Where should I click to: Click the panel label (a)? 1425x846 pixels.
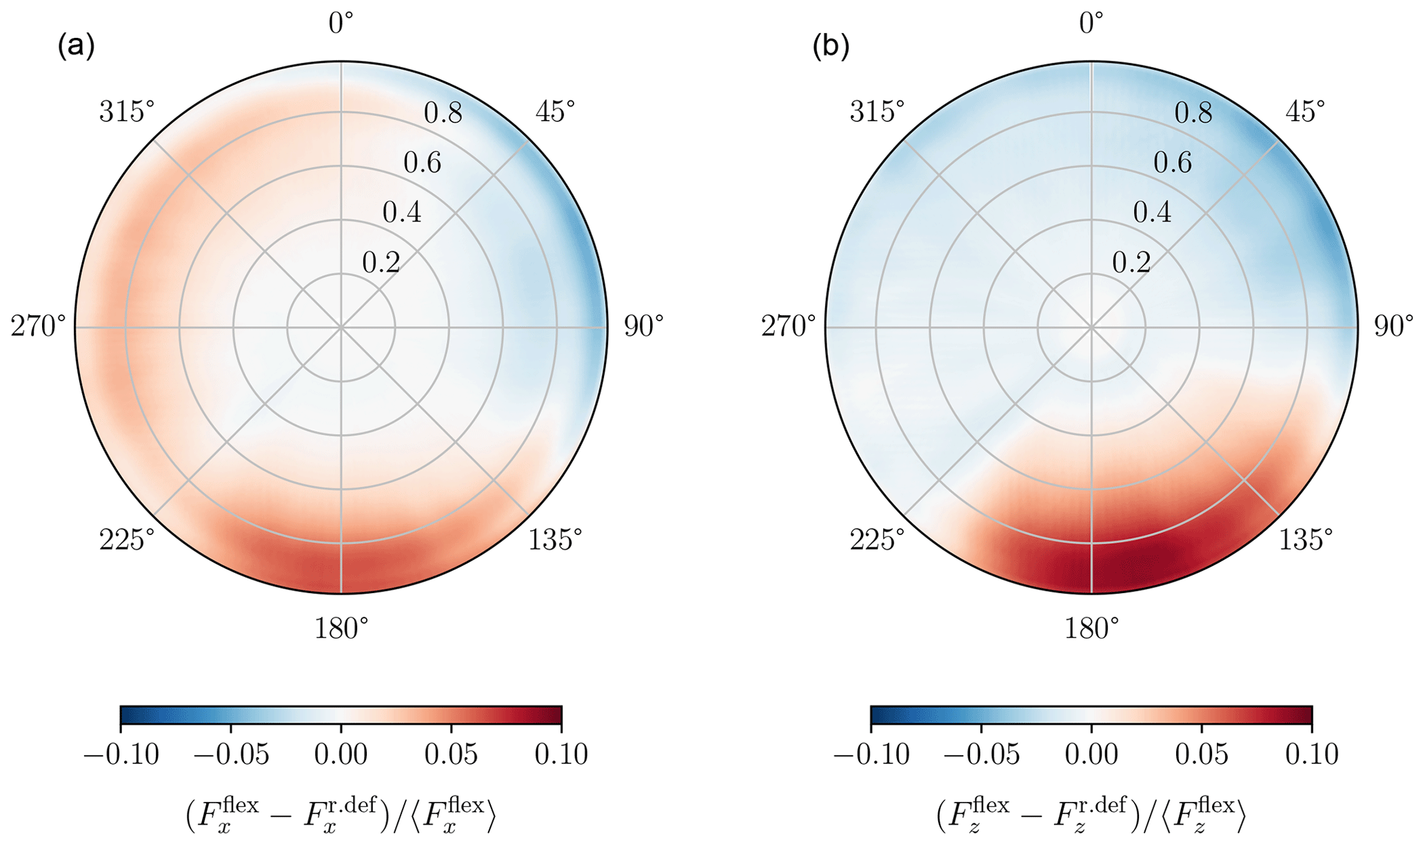tap(76, 47)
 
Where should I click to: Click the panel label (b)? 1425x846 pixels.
tap(831, 47)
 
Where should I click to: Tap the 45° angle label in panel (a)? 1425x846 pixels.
tap(555, 111)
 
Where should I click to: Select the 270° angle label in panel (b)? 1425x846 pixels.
tap(789, 326)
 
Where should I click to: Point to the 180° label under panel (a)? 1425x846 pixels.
tap(341, 628)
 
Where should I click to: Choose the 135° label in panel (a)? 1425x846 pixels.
tap(555, 540)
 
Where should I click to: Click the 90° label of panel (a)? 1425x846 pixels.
tap(643, 326)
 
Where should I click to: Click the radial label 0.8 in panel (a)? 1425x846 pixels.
tap(443, 112)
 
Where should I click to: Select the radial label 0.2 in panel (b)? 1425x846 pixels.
tap(1131, 263)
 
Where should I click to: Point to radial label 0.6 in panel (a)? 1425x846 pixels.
tap(423, 163)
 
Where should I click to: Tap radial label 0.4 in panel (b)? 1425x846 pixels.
tap(1152, 212)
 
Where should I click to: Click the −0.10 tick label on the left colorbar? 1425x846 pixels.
tap(121, 754)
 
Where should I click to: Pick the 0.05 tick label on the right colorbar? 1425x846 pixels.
tap(1202, 754)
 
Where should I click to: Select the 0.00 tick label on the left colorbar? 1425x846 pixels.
tap(341, 754)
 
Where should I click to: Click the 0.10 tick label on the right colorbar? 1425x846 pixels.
tap(1312, 754)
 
